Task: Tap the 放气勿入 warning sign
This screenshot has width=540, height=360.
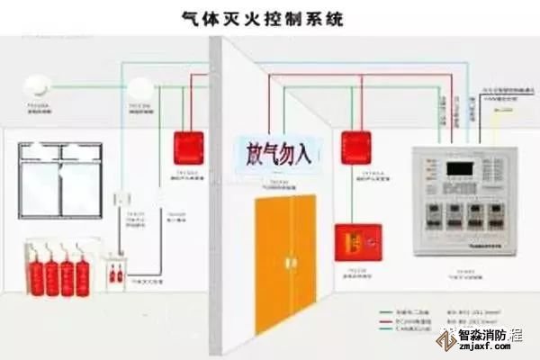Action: pos(273,151)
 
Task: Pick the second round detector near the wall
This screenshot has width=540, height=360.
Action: pos(139,87)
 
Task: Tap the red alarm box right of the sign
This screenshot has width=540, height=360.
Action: pos(355,145)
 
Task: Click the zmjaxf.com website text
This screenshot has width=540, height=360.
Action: pos(491,351)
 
